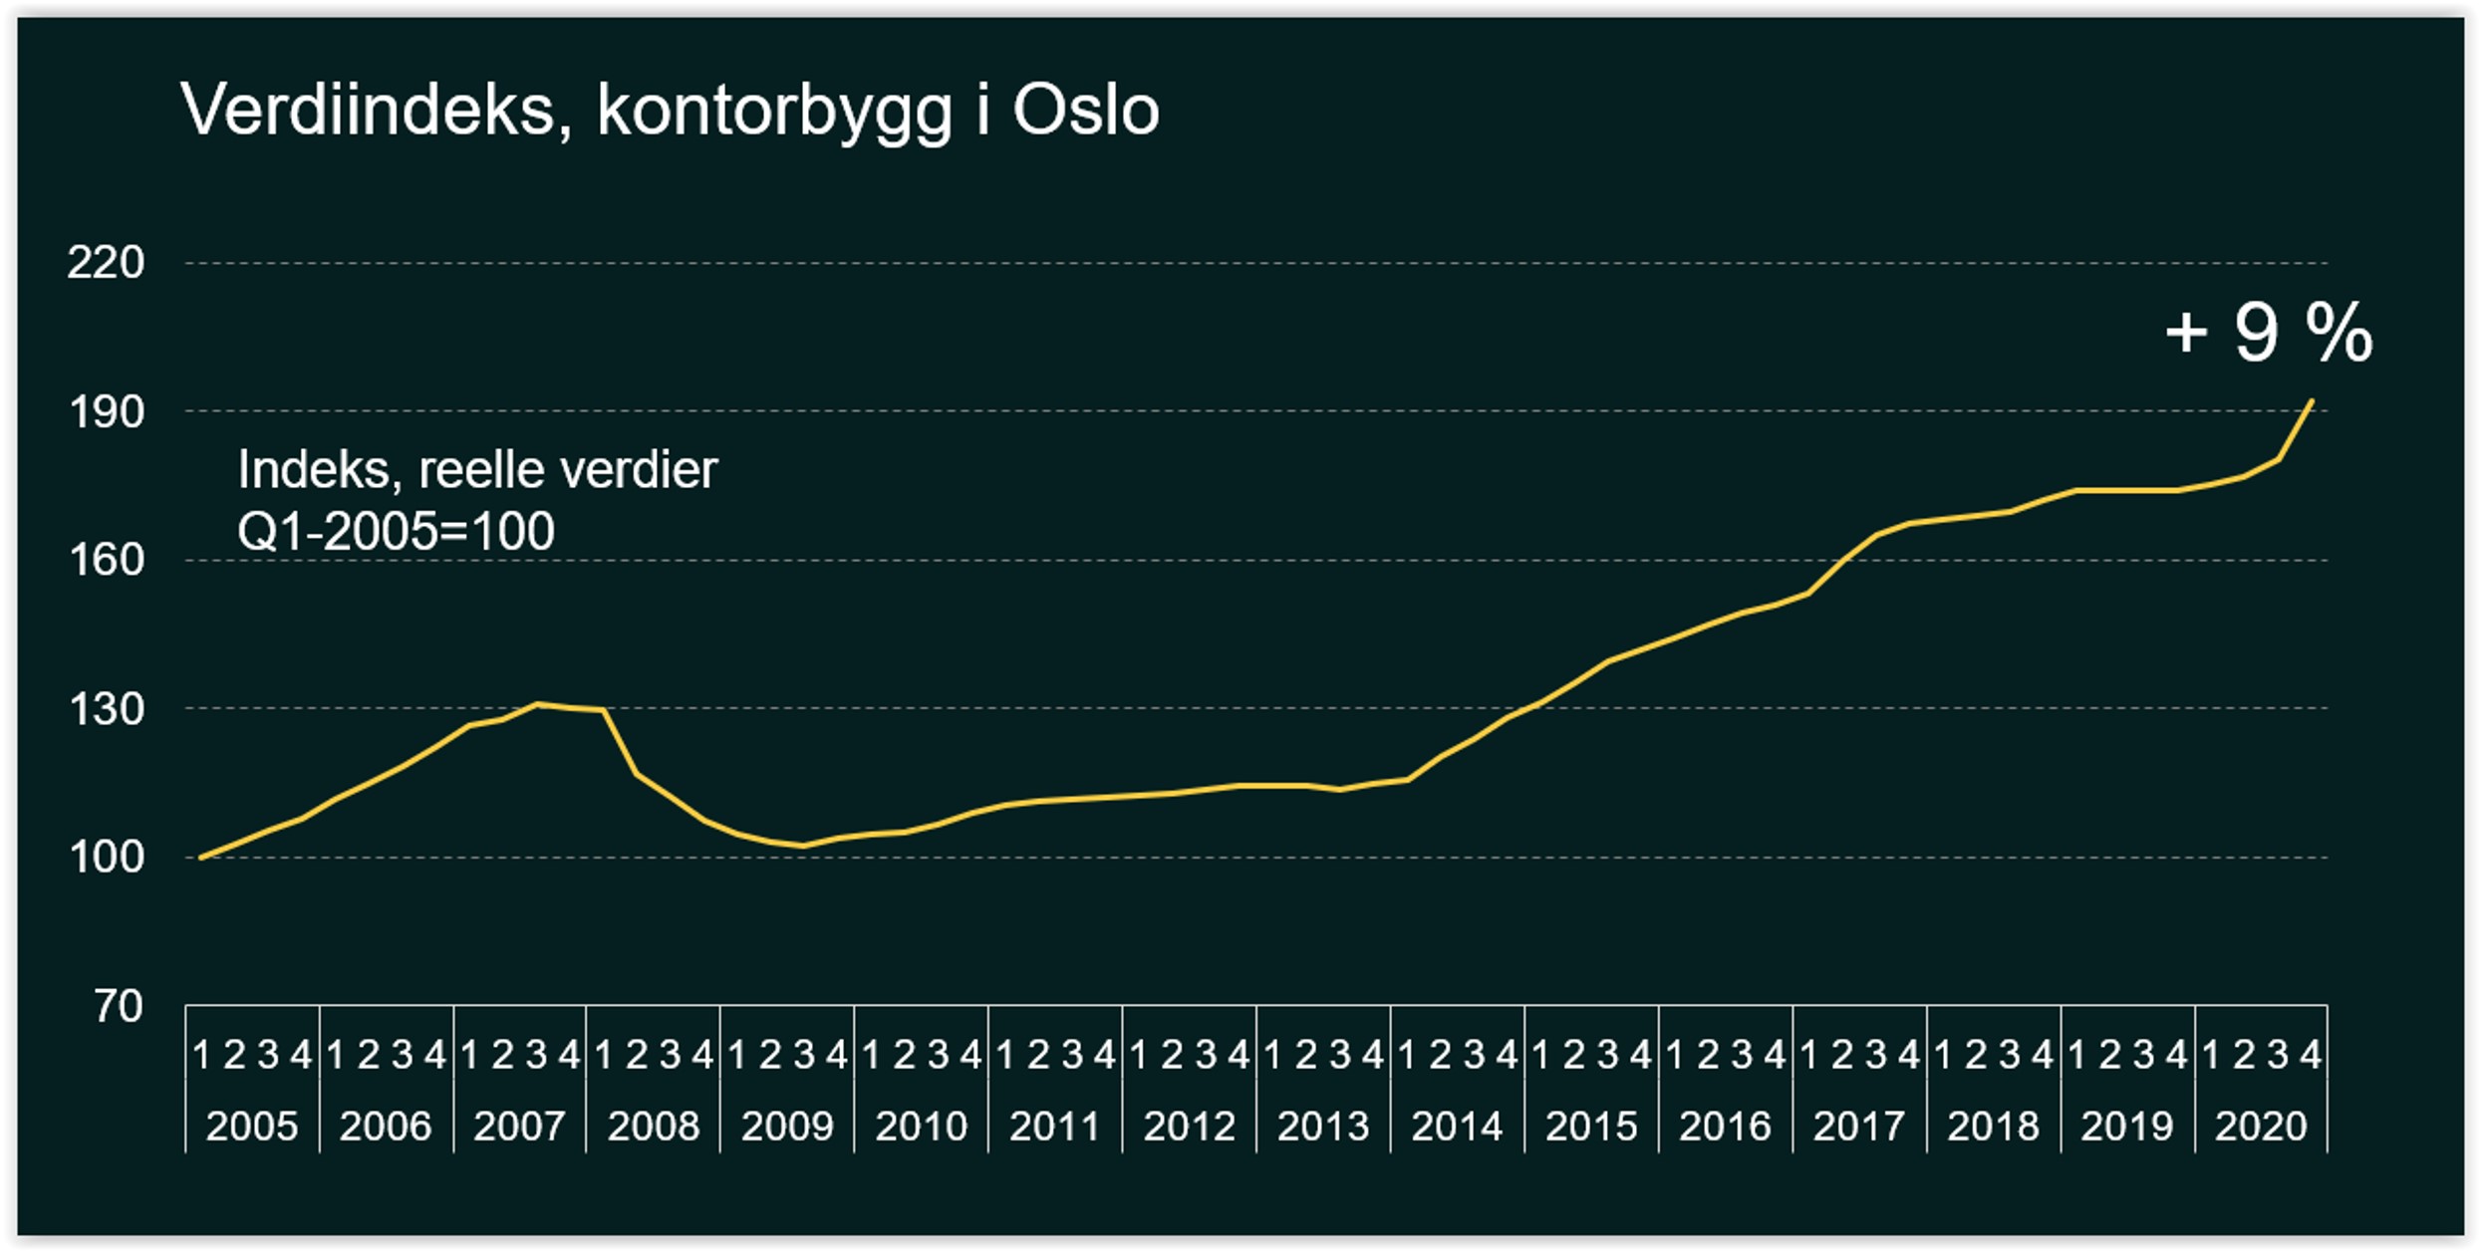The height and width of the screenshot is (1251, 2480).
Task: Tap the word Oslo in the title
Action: (1085, 110)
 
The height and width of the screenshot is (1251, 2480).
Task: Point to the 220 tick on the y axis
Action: (106, 263)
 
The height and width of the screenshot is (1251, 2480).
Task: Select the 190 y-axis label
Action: (106, 411)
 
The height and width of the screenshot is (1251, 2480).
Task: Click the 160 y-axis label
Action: (106, 560)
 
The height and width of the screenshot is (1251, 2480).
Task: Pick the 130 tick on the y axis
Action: (106, 709)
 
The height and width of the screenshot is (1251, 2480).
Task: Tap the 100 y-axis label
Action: (106, 857)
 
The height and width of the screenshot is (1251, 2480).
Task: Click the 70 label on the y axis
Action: (119, 1006)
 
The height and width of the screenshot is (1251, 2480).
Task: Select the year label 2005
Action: (252, 1126)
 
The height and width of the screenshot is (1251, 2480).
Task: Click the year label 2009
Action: (787, 1126)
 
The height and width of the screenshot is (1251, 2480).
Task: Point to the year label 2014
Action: (1457, 1126)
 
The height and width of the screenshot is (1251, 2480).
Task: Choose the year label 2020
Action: (2261, 1126)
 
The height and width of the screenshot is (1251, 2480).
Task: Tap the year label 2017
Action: (1859, 1126)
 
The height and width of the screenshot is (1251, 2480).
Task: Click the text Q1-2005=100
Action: (396, 531)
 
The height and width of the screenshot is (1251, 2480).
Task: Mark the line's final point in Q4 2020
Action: (2312, 401)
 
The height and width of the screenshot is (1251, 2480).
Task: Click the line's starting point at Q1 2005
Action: (201, 857)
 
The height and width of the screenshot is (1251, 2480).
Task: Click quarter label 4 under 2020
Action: (2311, 1055)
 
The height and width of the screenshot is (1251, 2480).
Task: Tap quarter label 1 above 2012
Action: (1139, 1055)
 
